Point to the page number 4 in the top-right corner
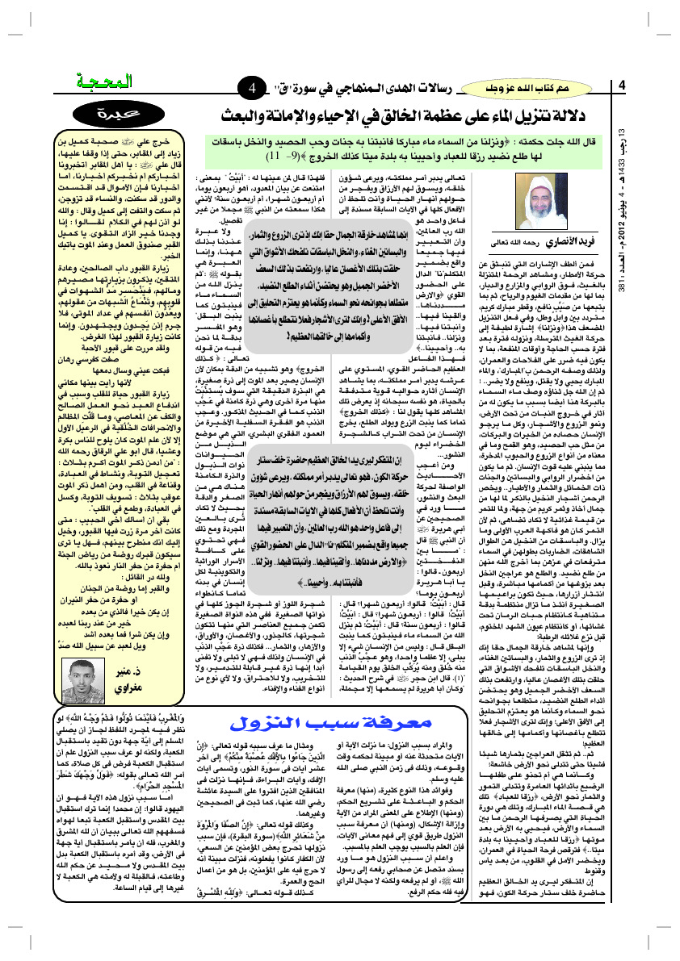click(622, 86)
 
